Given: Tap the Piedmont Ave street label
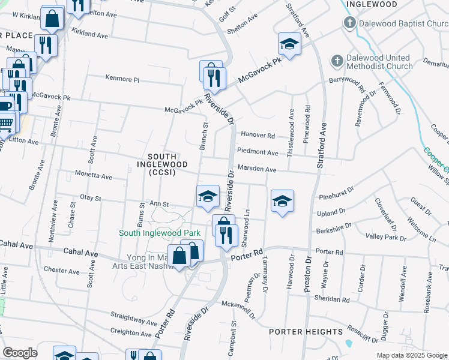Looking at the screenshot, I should point(258,152).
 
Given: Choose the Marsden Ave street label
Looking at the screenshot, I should point(256,170).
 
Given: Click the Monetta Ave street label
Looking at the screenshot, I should point(93,177).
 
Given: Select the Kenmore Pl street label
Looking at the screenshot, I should point(122,79).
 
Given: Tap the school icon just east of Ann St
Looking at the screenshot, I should point(208,196).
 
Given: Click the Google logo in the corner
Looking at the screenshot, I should point(19,353).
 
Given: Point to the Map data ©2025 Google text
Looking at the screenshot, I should point(411,355).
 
